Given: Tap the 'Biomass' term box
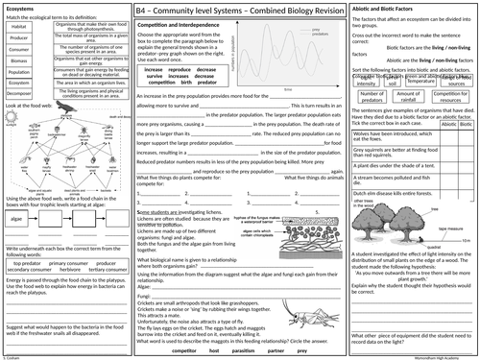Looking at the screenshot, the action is [x=18, y=60].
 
